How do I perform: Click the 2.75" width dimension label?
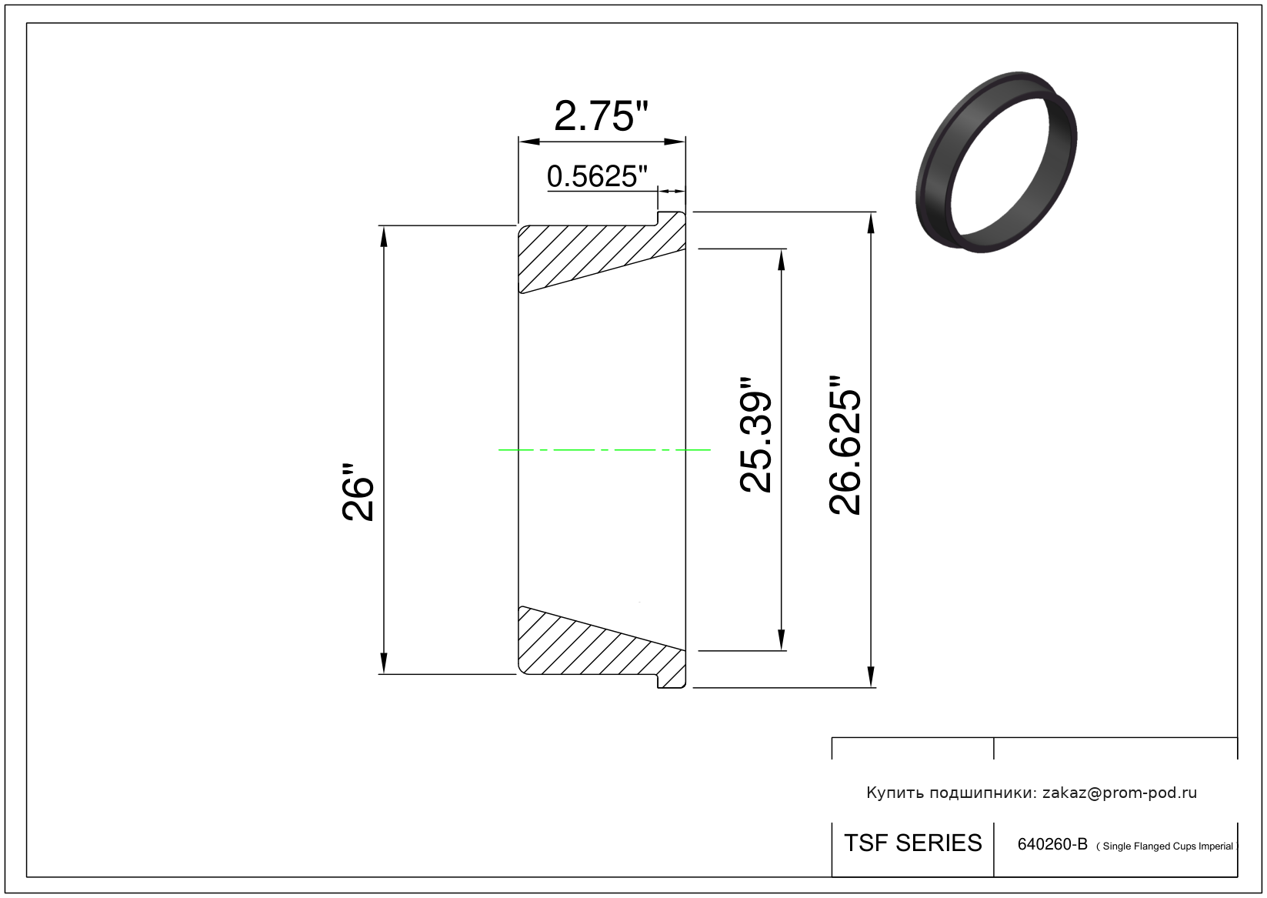pos(601,116)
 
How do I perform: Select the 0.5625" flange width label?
pos(597,176)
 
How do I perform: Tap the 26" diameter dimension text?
pos(358,492)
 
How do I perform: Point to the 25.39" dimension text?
pos(755,435)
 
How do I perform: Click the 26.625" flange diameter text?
pos(845,445)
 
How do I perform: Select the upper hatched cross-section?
pos(602,252)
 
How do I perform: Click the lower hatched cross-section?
pos(602,647)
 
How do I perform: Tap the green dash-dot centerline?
pos(604,450)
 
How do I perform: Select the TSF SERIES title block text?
pos(913,843)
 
